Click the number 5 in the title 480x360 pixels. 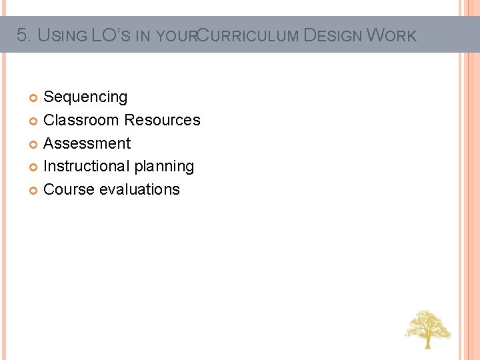point(21,35)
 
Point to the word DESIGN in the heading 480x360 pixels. point(333,35)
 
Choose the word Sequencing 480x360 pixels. point(85,97)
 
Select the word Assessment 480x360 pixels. point(87,143)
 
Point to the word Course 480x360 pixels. point(69,189)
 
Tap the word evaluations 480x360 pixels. point(139,189)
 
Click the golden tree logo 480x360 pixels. point(427,329)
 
